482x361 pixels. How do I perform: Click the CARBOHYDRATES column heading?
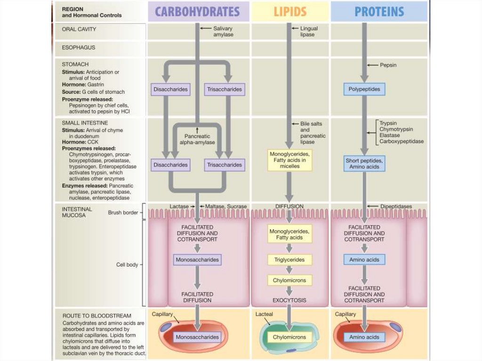coord(197,11)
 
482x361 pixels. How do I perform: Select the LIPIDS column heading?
coord(290,11)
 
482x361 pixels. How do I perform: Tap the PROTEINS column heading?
coord(379,11)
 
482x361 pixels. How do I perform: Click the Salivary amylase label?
coord(223,32)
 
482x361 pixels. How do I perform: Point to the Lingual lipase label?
coord(309,32)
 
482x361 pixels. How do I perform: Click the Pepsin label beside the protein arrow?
coord(388,65)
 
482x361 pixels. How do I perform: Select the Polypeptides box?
coord(364,88)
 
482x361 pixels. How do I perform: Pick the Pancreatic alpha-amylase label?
coord(197,139)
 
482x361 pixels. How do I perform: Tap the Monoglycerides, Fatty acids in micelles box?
coord(290,160)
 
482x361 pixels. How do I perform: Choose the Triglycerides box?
coord(290,259)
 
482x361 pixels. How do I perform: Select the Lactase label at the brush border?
coord(179,206)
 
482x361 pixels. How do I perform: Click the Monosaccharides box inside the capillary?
coord(197,337)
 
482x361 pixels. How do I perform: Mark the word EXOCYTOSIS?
coord(289,300)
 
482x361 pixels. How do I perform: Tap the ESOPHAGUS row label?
coord(79,48)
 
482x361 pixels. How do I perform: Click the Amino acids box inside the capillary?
coord(364,337)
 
